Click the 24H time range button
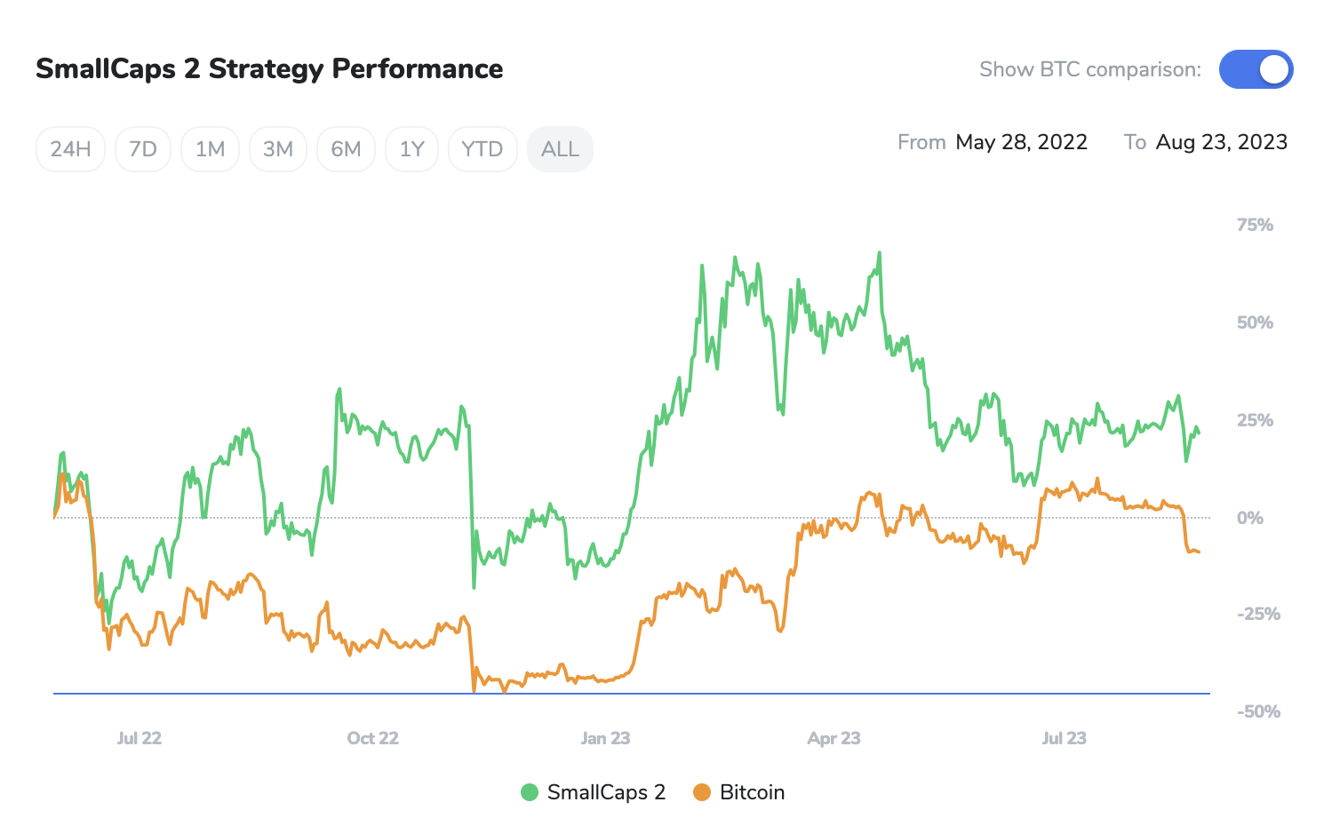pos(70,149)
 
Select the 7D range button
pos(143,149)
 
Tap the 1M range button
pos(210,149)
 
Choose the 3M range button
pos(278,149)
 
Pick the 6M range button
pos(346,149)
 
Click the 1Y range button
pos(411,149)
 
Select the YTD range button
pos(483,149)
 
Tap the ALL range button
pos(560,149)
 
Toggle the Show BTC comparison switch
pos(1256,69)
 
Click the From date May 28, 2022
pos(1021,142)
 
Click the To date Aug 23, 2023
pos(1221,142)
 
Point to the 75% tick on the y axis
pos(1255,226)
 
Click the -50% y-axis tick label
pos(1258,711)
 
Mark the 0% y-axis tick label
pos(1249,518)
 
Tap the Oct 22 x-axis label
pos(372,738)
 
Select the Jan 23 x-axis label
pos(605,738)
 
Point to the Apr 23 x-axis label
pos(833,738)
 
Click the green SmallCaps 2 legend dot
pos(530,792)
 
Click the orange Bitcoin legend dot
pos(702,792)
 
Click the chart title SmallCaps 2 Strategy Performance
pos(269,69)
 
